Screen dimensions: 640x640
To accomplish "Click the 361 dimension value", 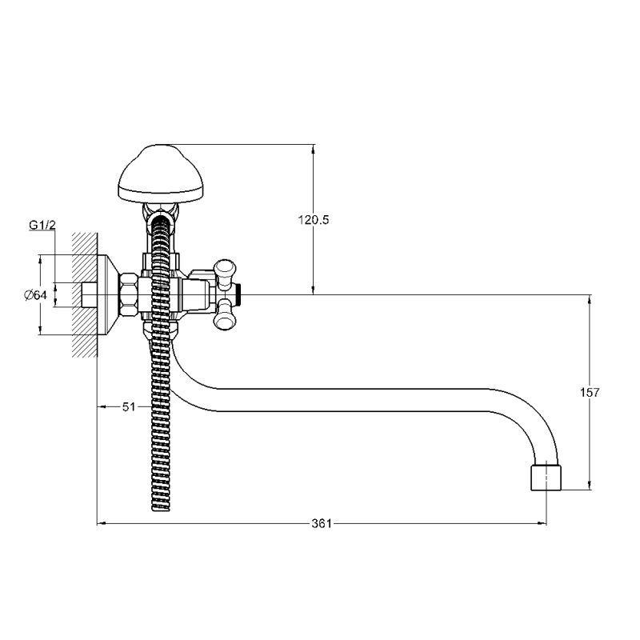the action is tap(322, 523).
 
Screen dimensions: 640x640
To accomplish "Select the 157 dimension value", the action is tap(590, 392).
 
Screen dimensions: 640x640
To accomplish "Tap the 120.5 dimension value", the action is tap(313, 220).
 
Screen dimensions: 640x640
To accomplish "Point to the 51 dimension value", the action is tap(129, 406).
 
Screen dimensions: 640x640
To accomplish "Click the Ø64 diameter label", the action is tap(36, 294).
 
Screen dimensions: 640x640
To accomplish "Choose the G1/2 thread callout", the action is tap(42, 225).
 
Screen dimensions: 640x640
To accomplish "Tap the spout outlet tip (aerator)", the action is tap(546, 476).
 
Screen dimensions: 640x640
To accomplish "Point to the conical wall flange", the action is tap(108, 294).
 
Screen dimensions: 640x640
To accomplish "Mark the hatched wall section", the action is tap(85, 294).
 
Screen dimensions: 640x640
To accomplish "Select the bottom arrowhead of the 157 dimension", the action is tap(590, 486).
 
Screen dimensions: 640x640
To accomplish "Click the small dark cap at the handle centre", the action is tap(240, 294).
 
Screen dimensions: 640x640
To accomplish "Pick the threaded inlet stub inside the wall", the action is tap(90, 294).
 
